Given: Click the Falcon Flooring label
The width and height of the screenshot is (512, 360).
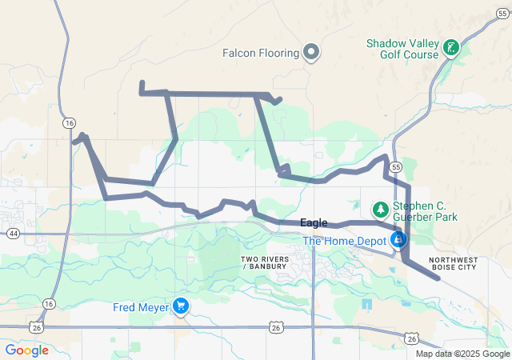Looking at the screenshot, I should (x=262, y=54).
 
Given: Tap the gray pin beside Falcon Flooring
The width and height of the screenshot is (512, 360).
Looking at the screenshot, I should (x=312, y=54).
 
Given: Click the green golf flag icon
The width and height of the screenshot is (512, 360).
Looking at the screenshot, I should (x=452, y=48).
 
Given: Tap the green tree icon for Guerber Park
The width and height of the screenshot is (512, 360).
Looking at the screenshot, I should (x=381, y=210).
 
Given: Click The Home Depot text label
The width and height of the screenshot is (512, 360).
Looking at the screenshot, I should (x=344, y=241).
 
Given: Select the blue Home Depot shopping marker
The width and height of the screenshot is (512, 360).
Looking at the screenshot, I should (x=398, y=239).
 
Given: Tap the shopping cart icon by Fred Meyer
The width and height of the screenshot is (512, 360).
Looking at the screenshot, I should (x=182, y=306).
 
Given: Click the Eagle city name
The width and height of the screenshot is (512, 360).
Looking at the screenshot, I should (x=313, y=223).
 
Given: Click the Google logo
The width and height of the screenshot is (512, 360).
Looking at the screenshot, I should (x=27, y=350).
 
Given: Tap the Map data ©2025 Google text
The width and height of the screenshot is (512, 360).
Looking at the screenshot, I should (x=462, y=354).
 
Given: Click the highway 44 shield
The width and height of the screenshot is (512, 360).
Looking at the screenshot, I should (x=13, y=234).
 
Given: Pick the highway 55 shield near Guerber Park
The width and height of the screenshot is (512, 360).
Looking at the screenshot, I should (x=397, y=166).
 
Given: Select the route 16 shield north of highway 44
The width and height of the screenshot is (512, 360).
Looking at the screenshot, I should (x=70, y=122).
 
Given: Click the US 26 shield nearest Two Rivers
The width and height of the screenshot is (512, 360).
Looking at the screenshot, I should (x=276, y=327).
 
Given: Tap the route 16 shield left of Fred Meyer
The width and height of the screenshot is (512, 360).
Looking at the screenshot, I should (x=49, y=304).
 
